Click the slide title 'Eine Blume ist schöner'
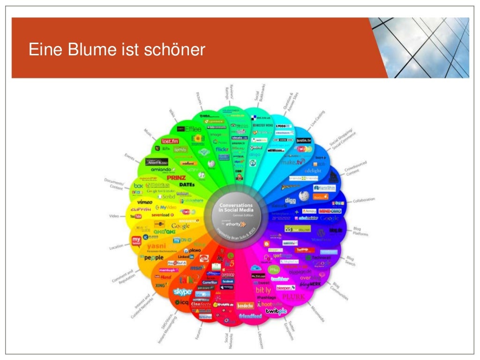(117, 49)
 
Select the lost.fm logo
(170, 141)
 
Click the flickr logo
(221, 150)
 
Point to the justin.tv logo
(304, 140)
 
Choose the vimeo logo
(145, 202)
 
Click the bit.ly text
(263, 290)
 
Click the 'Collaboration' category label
(364, 200)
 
